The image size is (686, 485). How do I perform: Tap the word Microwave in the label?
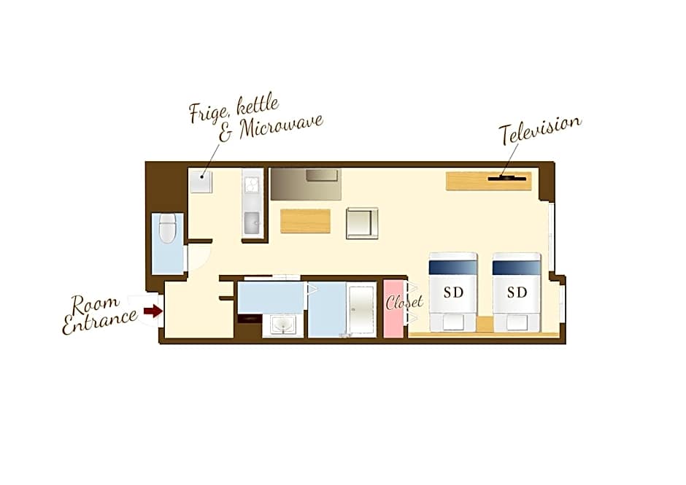(x=281, y=127)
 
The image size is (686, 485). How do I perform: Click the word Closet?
(x=404, y=300)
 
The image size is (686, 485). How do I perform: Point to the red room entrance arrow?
(x=152, y=311)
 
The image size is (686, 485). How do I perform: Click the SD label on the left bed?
(x=453, y=292)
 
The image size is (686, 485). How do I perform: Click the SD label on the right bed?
(x=517, y=292)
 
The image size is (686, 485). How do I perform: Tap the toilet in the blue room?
(x=169, y=229)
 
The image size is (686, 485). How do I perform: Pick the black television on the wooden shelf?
(x=507, y=177)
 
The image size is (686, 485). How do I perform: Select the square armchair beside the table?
(x=362, y=223)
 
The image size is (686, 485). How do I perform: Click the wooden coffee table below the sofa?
(x=305, y=221)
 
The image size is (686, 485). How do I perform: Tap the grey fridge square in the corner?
(x=201, y=181)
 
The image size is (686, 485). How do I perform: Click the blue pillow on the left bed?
(x=453, y=267)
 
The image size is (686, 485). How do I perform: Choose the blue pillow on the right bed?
(x=517, y=267)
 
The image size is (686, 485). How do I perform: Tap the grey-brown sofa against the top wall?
(x=305, y=184)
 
